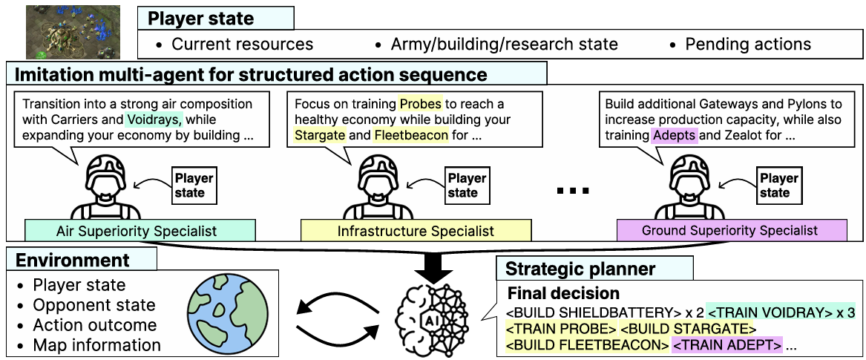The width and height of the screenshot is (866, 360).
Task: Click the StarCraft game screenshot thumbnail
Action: pyautogui.click(x=73, y=32)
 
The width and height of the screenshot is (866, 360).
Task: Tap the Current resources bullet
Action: pyautogui.click(x=234, y=45)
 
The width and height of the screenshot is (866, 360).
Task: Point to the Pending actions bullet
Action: pyautogui.click(x=740, y=45)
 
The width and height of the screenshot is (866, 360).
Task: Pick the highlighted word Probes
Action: pyautogui.click(x=421, y=104)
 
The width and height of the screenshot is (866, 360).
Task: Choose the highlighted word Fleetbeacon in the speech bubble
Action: pyautogui.click(x=411, y=135)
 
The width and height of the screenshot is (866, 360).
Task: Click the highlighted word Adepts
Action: pyautogui.click(x=675, y=135)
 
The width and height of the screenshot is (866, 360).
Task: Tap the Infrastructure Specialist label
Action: pyautogui.click(x=416, y=230)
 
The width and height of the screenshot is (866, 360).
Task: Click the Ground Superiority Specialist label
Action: pyautogui.click(x=731, y=230)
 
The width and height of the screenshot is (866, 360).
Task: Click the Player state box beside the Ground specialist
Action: pyautogui.click(x=775, y=186)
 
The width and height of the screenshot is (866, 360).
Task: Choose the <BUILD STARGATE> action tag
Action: pyautogui.click(x=688, y=329)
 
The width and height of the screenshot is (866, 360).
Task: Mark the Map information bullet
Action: pyautogui.click(x=89, y=345)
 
